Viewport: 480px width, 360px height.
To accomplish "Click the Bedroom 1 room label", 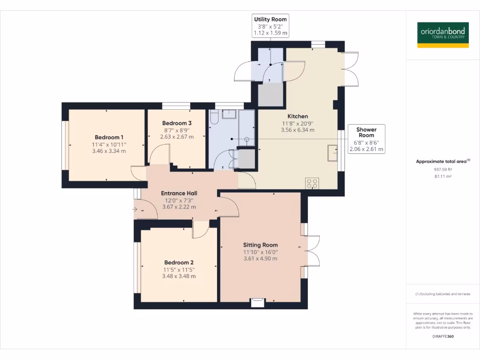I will click(x=106, y=137).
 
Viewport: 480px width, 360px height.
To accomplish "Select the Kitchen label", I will click(x=298, y=116).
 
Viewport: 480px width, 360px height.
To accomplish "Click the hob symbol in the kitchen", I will click(x=312, y=183).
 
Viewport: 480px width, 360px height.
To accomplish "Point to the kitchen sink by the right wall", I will click(x=333, y=153).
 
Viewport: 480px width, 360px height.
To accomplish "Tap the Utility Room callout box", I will click(x=270, y=26).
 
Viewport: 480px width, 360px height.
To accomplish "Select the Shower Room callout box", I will click(x=366, y=139).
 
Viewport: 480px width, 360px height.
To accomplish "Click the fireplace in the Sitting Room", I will click(x=257, y=302).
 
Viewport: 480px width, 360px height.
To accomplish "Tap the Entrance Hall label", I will click(x=179, y=193).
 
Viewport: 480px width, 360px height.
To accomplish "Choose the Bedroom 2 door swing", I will click(x=201, y=229).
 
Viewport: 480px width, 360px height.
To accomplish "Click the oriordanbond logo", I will click(x=442, y=35).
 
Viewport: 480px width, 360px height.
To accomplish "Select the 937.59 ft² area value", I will click(x=442, y=170).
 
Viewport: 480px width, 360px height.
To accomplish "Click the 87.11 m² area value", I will click(x=442, y=177).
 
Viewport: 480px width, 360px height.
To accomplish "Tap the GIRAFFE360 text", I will click(x=442, y=337).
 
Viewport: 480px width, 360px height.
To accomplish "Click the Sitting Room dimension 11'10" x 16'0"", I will click(x=260, y=252).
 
